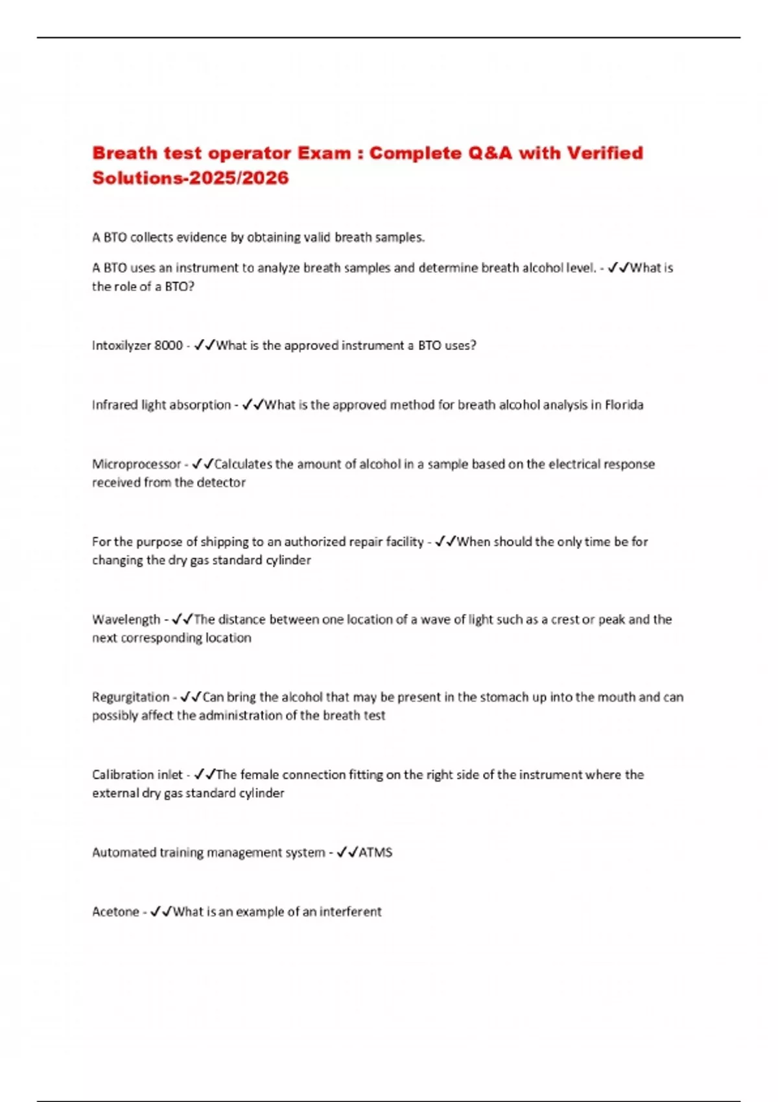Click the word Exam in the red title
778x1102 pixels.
[324, 153]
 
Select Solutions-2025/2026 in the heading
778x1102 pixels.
[190, 178]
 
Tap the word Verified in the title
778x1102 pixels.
[605, 153]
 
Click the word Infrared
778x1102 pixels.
[115, 405]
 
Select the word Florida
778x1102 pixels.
[624, 405]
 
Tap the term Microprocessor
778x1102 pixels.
[136, 464]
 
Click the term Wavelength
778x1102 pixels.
[126, 620]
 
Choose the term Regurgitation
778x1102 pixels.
[130, 698]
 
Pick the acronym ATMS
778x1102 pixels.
[375, 852]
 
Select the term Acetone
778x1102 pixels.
[115, 912]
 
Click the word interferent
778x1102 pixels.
[350, 912]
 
